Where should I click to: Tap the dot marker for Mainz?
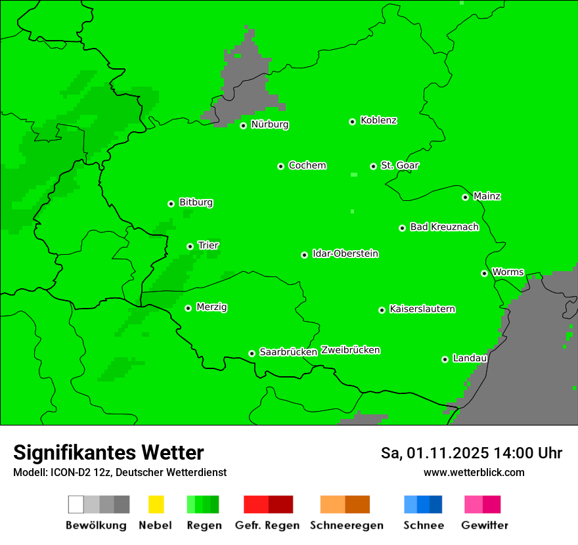click(465, 197)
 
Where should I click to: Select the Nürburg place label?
click(269, 124)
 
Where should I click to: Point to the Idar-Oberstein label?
click(345, 253)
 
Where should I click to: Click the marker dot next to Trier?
click(190, 246)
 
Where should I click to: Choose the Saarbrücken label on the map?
click(288, 352)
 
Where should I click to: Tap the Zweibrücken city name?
click(350, 350)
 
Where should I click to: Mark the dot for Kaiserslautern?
click(382, 310)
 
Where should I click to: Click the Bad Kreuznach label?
click(444, 227)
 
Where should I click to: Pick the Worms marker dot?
click(484, 273)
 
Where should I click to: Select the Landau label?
click(470, 358)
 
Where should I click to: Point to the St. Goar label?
click(399, 165)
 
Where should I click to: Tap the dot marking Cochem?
click(280, 166)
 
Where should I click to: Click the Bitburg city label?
click(196, 202)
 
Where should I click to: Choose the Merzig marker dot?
click(188, 308)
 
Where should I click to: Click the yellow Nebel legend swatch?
click(156, 504)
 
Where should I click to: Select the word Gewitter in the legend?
click(484, 525)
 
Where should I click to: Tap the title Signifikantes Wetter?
click(108, 452)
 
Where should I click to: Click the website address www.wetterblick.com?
click(474, 472)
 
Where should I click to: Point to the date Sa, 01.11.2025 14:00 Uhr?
click(471, 453)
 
